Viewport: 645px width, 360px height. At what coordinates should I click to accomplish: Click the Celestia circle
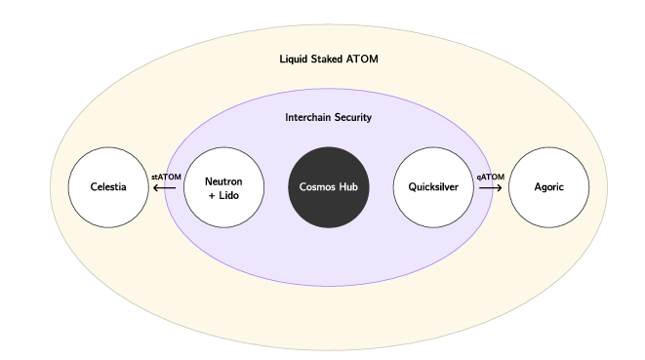tap(107, 186)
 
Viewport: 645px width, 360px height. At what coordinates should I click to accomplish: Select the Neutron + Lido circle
tap(223, 186)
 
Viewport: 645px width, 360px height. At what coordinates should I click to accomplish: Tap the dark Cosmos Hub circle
tap(329, 186)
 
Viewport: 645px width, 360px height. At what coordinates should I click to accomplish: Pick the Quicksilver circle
tap(432, 186)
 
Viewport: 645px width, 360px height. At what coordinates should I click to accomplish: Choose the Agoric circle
tap(549, 186)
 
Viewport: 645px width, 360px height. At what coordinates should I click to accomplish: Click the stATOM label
tap(166, 177)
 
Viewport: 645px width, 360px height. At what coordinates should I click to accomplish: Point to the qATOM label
tap(490, 177)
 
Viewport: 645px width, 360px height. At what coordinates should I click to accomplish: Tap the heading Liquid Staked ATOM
tap(329, 60)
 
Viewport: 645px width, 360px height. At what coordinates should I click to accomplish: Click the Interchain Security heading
tap(328, 118)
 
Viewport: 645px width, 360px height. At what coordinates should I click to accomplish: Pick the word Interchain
tap(306, 118)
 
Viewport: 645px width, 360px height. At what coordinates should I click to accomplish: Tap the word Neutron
tap(223, 180)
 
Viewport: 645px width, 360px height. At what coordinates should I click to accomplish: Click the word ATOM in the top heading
tap(364, 60)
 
